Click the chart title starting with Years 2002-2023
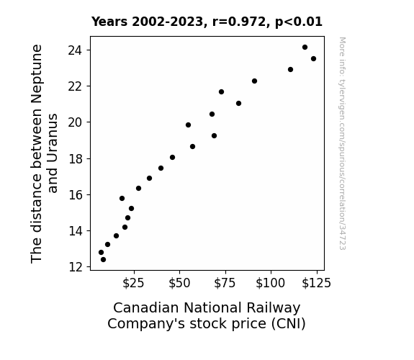(x=207, y=22)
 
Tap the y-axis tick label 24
(x=75, y=50)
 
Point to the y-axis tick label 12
(x=76, y=267)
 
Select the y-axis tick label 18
(x=76, y=158)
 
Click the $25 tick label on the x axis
(x=133, y=283)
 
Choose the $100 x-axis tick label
(x=271, y=283)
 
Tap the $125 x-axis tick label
(x=316, y=283)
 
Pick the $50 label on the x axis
(x=179, y=283)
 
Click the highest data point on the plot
(x=305, y=48)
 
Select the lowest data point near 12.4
(x=103, y=260)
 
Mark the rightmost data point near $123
(x=313, y=58)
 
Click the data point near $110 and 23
(x=290, y=69)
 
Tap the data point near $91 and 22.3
(x=254, y=81)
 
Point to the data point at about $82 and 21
(x=238, y=103)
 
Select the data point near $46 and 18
(x=172, y=158)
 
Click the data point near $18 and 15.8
(x=122, y=198)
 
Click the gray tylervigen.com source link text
(x=342, y=143)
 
